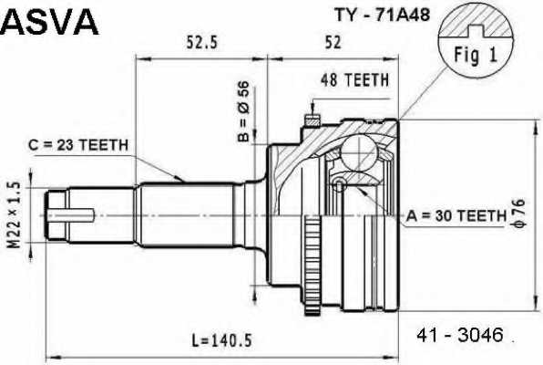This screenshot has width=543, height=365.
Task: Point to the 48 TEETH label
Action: (x=354, y=80)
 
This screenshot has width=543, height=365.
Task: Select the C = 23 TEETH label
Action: (x=77, y=145)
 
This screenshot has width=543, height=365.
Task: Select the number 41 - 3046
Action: (x=459, y=334)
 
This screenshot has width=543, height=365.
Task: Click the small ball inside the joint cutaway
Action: (x=340, y=185)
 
